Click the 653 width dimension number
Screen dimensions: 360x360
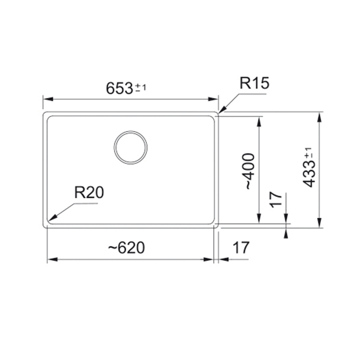[119, 88]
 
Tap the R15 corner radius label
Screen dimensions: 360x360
[254, 83]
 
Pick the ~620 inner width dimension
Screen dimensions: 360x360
[127, 248]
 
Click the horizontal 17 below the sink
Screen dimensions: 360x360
[241, 247]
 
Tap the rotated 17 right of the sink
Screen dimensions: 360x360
[276, 200]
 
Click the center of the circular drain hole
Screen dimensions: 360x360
[131, 148]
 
